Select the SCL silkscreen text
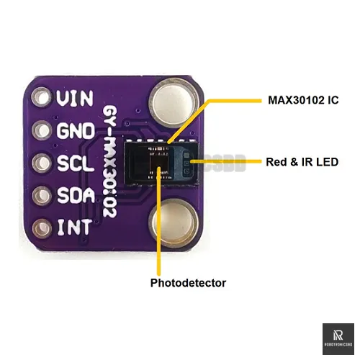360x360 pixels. (74, 164)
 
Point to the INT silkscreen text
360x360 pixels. (74, 228)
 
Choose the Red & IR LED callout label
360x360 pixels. (302, 162)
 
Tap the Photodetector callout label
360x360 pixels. (188, 283)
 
